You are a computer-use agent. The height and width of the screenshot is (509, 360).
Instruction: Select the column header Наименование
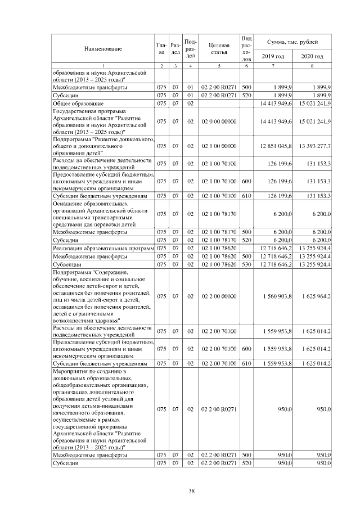tap(103, 49)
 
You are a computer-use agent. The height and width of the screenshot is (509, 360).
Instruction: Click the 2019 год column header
tap(273, 57)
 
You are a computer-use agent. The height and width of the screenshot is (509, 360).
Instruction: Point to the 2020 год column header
tap(312, 57)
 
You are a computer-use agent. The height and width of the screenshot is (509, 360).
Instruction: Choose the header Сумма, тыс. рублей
tap(292, 42)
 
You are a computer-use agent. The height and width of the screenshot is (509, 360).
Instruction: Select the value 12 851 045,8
tap(276, 146)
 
